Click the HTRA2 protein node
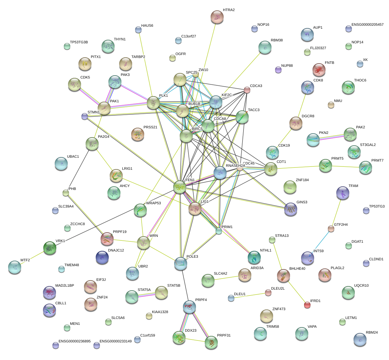tap(217, 17)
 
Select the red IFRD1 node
tap(307, 305)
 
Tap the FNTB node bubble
tap(319, 69)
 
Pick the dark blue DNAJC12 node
tap(102, 257)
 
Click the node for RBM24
tap(360, 339)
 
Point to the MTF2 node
tap(14, 267)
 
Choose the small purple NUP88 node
tap(278, 69)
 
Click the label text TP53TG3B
tap(79, 42)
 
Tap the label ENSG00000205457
tap(367, 25)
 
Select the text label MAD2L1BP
tap(64, 286)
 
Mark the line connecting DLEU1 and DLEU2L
tap(249, 295)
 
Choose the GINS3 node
tap(290, 209)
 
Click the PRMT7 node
tap(365, 167)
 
